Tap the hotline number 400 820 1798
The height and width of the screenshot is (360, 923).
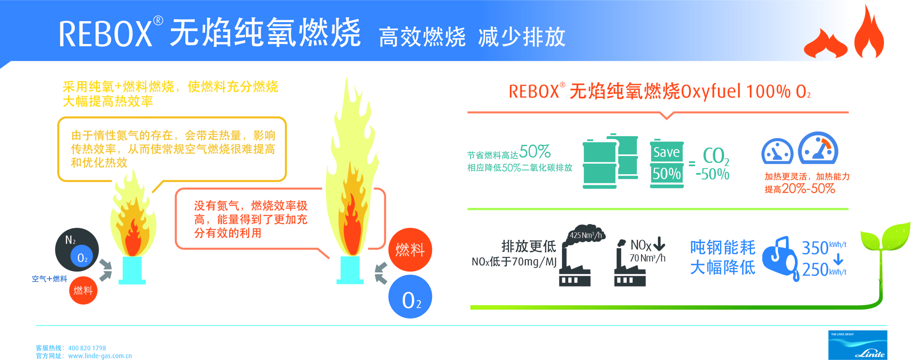click(87, 348)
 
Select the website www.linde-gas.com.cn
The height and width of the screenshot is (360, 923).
click(100, 356)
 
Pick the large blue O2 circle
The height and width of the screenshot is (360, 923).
click(410, 297)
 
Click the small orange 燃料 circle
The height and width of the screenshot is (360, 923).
click(83, 290)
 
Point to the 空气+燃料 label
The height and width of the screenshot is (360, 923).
click(49, 279)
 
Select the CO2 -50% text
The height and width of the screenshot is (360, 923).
click(713, 164)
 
